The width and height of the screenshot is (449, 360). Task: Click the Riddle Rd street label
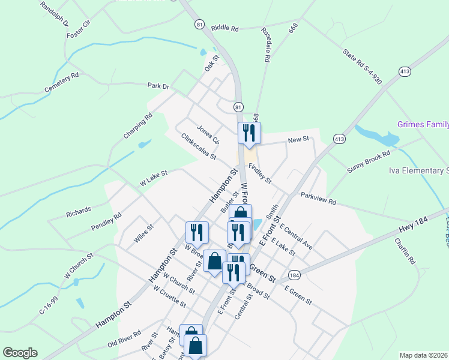click(x=225, y=28)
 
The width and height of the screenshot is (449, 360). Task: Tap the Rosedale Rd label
click(x=265, y=44)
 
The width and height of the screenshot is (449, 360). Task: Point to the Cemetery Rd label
click(x=62, y=83)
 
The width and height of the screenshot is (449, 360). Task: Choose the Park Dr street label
click(x=159, y=86)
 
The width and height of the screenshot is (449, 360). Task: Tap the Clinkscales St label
click(x=198, y=146)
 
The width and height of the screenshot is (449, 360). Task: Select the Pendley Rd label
click(x=106, y=221)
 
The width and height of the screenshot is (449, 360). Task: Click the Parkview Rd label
click(x=318, y=199)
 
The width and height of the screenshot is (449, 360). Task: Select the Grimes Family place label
click(x=423, y=125)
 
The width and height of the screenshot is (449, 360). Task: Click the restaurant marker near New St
click(x=249, y=133)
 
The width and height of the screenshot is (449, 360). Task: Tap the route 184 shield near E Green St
click(x=294, y=275)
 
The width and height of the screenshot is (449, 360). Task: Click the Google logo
click(x=20, y=352)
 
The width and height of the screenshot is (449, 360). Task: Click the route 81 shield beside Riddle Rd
click(x=199, y=23)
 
